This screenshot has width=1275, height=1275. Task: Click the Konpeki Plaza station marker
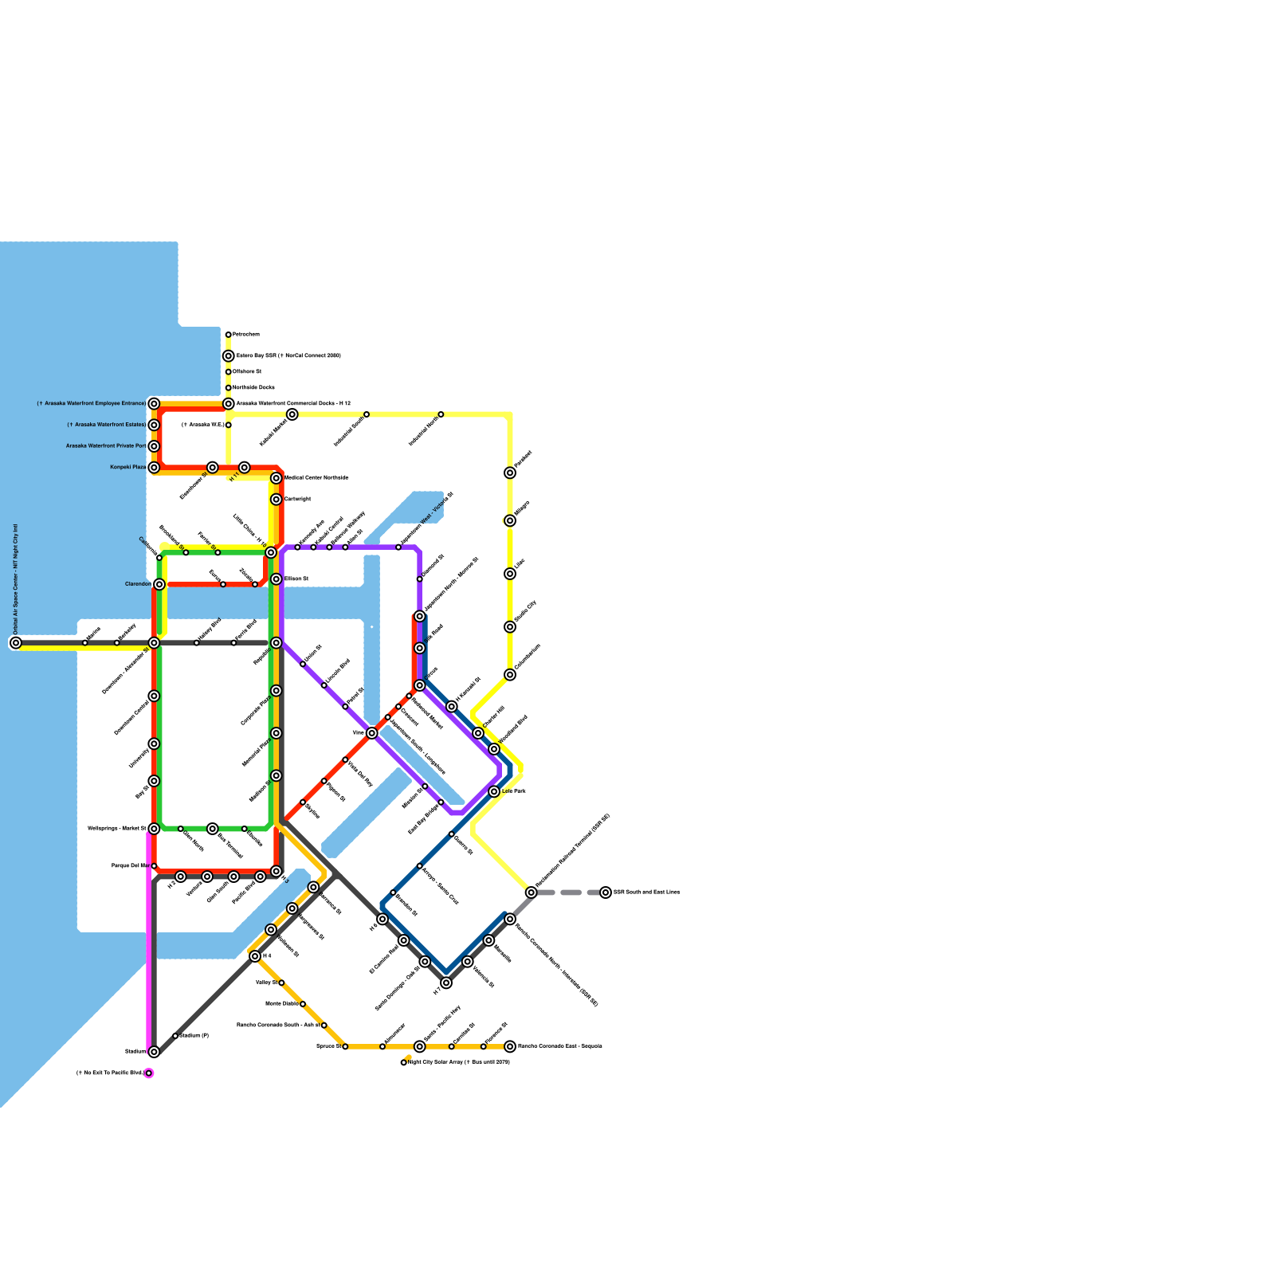154,468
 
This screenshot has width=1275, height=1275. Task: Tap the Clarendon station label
137,584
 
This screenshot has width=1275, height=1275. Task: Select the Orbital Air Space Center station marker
16,643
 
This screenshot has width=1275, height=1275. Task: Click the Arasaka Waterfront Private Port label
105,446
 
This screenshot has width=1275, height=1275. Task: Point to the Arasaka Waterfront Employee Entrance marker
154,404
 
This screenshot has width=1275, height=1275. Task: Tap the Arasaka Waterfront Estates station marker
154,426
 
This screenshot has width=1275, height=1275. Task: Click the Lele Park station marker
494,792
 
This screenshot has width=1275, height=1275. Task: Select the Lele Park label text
514,791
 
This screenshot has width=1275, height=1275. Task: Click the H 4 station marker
255,956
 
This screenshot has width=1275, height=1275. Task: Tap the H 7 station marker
446,983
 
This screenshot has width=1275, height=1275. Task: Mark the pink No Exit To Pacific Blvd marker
149,1073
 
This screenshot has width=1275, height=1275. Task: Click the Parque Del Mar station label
129,865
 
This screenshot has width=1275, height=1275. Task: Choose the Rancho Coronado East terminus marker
510,1046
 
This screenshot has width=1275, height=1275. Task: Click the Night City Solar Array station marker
404,1062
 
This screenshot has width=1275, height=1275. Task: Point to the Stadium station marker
154,1052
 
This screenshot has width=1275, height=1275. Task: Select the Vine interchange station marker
372,733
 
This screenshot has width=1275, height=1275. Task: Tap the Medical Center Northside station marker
277,478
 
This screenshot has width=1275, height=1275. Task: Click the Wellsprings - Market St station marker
154,829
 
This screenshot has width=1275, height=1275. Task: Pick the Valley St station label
265,983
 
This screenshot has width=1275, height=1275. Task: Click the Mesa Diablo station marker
303,1004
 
